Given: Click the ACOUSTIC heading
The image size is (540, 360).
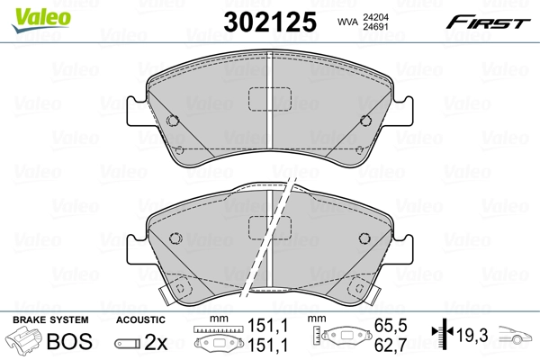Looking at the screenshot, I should [140, 319].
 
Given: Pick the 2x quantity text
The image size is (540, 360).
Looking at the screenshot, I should [155, 341].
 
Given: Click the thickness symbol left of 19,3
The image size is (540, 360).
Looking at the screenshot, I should [440, 334].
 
